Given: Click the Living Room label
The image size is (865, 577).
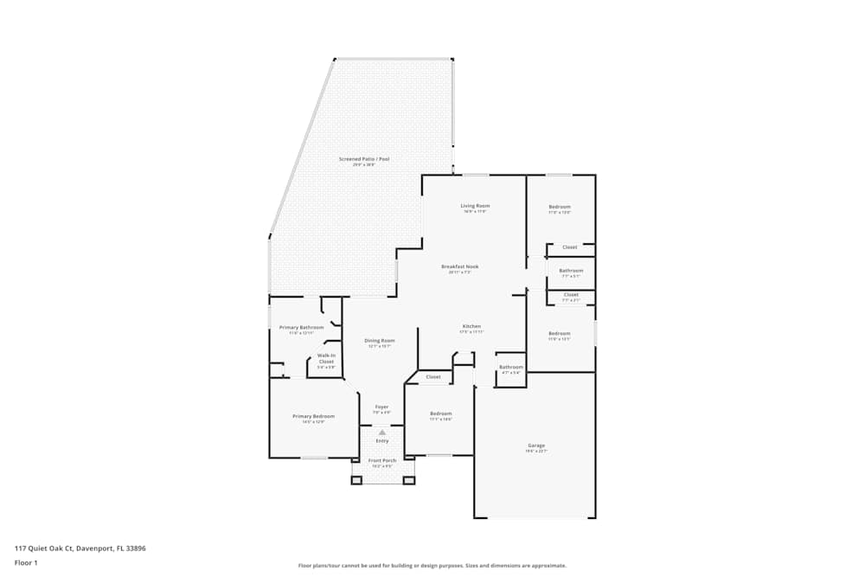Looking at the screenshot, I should pyautogui.click(x=476, y=206).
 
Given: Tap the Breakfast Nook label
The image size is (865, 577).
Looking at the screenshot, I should pyautogui.click(x=459, y=266).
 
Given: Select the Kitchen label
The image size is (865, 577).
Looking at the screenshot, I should pyautogui.click(x=471, y=326).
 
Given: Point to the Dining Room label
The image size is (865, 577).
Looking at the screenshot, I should pyautogui.click(x=380, y=341).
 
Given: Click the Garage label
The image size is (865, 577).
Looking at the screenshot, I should pyautogui.click(x=536, y=446).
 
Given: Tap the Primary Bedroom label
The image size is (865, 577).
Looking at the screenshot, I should pyautogui.click(x=313, y=416).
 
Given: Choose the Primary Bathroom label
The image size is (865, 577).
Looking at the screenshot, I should pyautogui.click(x=301, y=327).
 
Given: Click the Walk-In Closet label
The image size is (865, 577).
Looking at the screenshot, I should pyautogui.click(x=326, y=358).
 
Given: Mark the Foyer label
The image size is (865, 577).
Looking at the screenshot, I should pyautogui.click(x=381, y=407).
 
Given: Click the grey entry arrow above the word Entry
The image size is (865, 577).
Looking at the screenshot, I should pyautogui.click(x=381, y=432).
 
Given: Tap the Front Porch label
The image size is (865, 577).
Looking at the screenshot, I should pyautogui.click(x=382, y=460).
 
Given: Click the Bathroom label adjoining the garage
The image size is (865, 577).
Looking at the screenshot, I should pyautogui.click(x=510, y=367).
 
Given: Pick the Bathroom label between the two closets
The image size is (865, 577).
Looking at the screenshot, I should pyautogui.click(x=571, y=271).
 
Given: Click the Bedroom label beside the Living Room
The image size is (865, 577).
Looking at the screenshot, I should pyautogui.click(x=560, y=207).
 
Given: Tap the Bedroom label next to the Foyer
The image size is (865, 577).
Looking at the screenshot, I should pyautogui.click(x=441, y=414).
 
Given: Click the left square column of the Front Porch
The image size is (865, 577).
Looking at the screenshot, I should pyautogui.click(x=356, y=480).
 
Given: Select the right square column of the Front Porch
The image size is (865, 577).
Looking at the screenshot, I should pyautogui.click(x=409, y=480).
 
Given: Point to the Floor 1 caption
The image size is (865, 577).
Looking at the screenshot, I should pyautogui.click(x=26, y=563).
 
